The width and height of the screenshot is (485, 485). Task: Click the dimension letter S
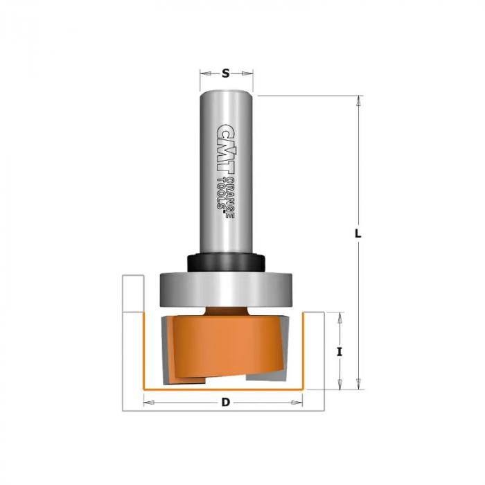tap(226, 73)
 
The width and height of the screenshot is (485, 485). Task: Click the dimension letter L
tap(358, 233)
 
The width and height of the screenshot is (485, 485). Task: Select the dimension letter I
tap(339, 352)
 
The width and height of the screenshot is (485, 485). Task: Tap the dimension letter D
tap(226, 403)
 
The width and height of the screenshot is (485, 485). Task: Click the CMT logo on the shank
tap(224, 148)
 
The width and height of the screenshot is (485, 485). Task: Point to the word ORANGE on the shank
tap(229, 198)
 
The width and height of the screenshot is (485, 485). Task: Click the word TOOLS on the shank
tap(221, 193)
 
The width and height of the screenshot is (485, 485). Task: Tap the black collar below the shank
tap(226, 263)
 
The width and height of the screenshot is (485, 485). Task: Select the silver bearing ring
tap(226, 290)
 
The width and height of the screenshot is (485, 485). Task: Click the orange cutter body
tap(227, 348)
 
